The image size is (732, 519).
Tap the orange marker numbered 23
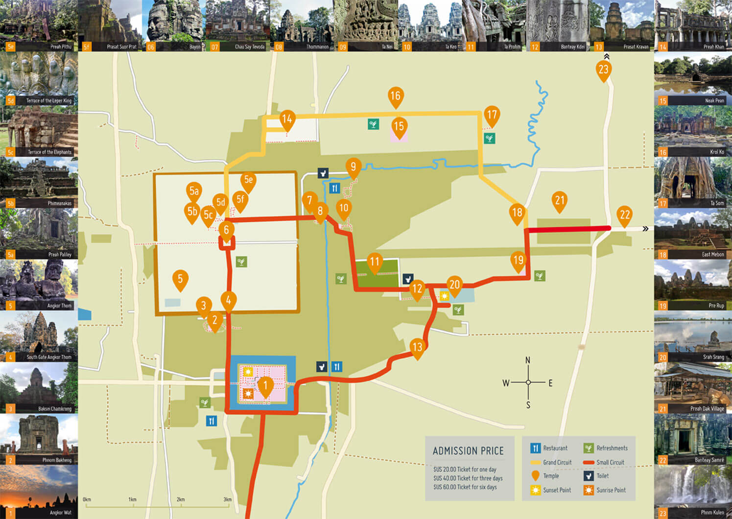tap(603, 70)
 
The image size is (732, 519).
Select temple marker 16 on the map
tap(395, 96)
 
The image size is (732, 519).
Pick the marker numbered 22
tap(625, 215)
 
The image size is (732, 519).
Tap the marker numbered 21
tap(560, 201)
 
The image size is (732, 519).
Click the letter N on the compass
tap(528, 360)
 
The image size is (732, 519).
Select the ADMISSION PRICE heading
tap(468, 451)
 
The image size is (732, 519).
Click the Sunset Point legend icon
tap(536, 490)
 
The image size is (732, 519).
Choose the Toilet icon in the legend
tap(589, 476)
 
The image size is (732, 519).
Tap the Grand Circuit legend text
tap(557, 462)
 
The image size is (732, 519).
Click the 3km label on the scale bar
tap(228, 499)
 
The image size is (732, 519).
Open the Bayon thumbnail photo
tap(174, 24)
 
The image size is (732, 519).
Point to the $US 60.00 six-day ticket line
tap(465, 487)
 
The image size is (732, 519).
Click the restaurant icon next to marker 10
tap(335, 189)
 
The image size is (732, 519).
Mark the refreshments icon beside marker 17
tap(489, 139)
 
